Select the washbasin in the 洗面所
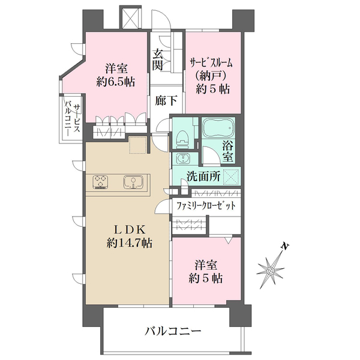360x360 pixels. click(x=182, y=158)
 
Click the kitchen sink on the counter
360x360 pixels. click(x=133, y=181)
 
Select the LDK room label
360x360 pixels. click(x=129, y=230)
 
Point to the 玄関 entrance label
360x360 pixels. click(x=158, y=58)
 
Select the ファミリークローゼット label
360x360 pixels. click(x=206, y=206)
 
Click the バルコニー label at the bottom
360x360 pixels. click(x=172, y=331)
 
